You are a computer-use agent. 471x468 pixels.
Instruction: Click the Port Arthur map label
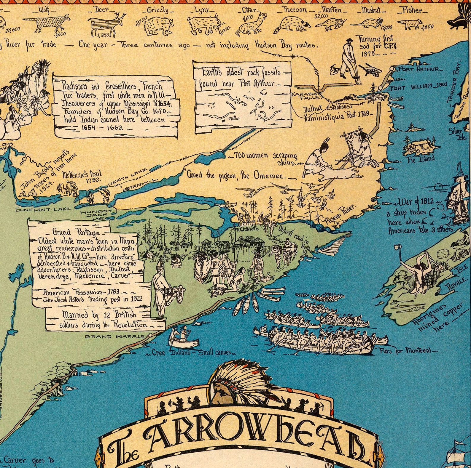click(419, 69)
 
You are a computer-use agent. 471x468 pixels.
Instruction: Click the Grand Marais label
click(114, 336)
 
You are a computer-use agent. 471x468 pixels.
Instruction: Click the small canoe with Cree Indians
click(183, 341)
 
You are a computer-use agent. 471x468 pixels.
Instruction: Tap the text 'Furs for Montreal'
click(408, 350)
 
